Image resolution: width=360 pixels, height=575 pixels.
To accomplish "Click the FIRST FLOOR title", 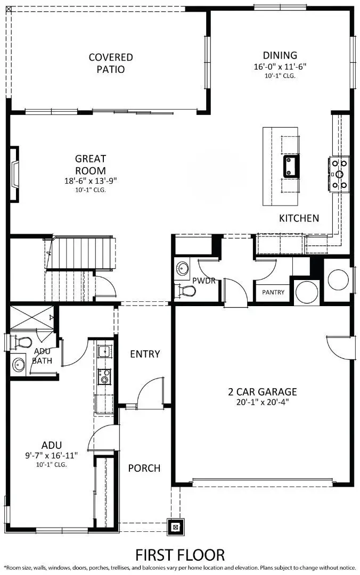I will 180,555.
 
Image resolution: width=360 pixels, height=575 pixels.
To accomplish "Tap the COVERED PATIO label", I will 111,63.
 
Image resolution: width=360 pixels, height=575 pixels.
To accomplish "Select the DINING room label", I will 280,55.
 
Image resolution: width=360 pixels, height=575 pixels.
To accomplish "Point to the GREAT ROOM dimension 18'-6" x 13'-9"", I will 90,180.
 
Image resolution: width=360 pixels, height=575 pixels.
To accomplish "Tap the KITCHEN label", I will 299,218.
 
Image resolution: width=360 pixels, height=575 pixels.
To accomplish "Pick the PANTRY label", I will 273,292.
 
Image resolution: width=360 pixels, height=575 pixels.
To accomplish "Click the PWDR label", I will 204,281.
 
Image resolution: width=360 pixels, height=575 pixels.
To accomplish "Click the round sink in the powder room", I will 183,268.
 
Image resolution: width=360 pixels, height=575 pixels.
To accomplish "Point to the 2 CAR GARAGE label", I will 263,392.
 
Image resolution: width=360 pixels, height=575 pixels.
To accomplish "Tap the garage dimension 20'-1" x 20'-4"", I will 263,402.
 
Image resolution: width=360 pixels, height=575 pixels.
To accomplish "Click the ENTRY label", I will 145,354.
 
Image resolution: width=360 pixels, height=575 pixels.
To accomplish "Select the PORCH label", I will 144,468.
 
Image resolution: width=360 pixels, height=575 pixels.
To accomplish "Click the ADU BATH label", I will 42,356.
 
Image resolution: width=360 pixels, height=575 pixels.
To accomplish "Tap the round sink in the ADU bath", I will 19,365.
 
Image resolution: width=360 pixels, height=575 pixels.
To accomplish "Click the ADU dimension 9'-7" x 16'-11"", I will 52,456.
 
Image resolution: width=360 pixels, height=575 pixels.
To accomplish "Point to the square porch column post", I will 175,527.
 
